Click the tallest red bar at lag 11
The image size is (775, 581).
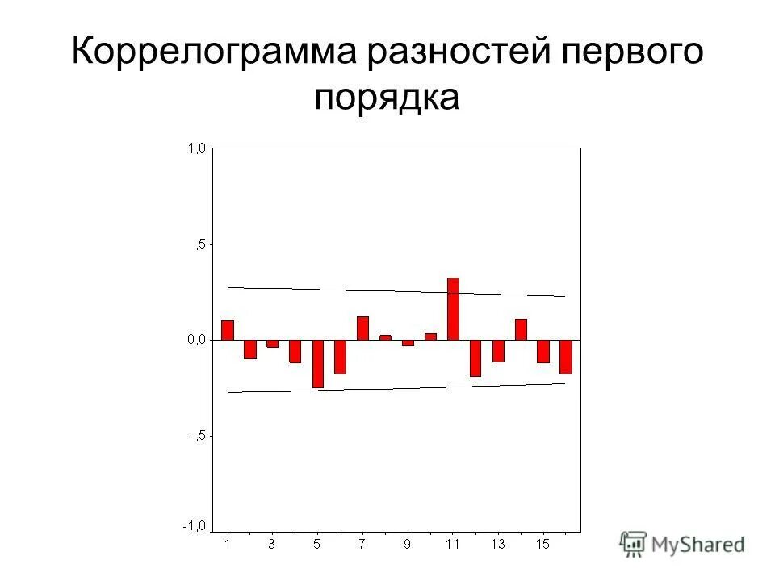tap(453, 309)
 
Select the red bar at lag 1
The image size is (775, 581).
tap(228, 330)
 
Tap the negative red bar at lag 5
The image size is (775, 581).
tap(318, 363)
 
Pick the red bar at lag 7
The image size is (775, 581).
tap(362, 328)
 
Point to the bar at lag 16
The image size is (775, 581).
tap(566, 357)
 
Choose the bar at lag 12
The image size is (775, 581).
tap(475, 357)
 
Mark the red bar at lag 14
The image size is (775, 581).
tap(521, 329)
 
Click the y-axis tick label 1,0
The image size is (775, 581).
tap(196, 148)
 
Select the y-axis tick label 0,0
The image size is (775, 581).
tap(196, 340)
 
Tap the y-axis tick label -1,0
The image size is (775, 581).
tap(194, 526)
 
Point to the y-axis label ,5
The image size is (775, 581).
tap(199, 244)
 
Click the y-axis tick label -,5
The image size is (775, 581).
tap(196, 436)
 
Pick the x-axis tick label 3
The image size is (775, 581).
tap(272, 545)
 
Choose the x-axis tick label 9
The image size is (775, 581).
tap(408, 545)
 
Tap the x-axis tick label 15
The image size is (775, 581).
tap(542, 545)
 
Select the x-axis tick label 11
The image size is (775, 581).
tap(452, 545)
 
